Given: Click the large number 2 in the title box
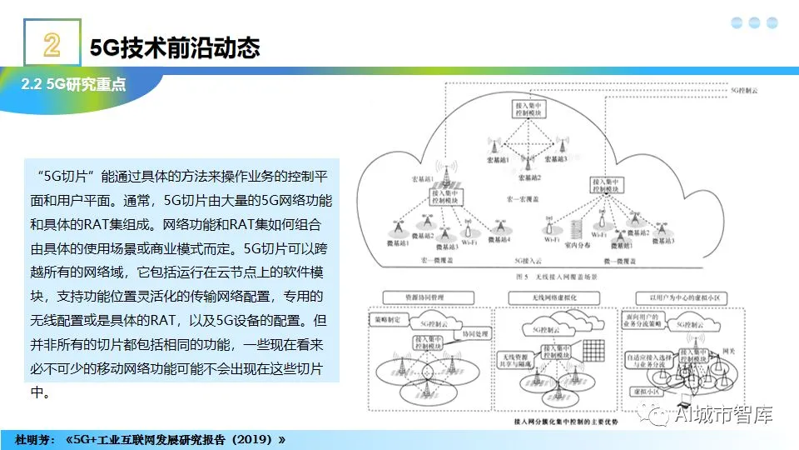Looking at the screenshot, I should coord(51,46).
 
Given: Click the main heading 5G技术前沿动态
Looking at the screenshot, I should coord(175,47).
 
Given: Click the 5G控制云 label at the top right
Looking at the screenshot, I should coord(742,87).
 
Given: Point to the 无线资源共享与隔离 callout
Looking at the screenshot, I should coord(513,357).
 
